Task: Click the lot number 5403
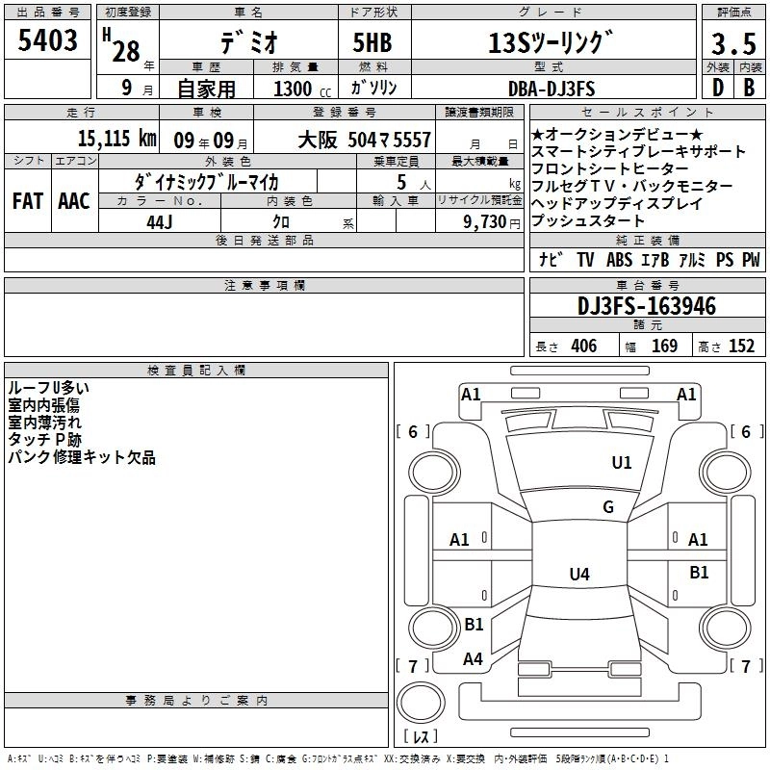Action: point(47,41)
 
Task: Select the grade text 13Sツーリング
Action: point(551,42)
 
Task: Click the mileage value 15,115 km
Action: point(116,138)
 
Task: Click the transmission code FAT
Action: point(27,201)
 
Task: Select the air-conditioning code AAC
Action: point(73,201)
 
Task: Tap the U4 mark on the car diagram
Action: point(578,575)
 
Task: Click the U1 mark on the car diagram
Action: point(622,463)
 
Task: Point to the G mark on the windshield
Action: point(607,507)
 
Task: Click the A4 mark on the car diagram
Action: point(473,659)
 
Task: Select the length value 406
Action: point(583,346)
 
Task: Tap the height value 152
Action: point(741,346)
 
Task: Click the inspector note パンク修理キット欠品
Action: point(81,458)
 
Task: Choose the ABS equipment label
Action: point(620,260)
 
